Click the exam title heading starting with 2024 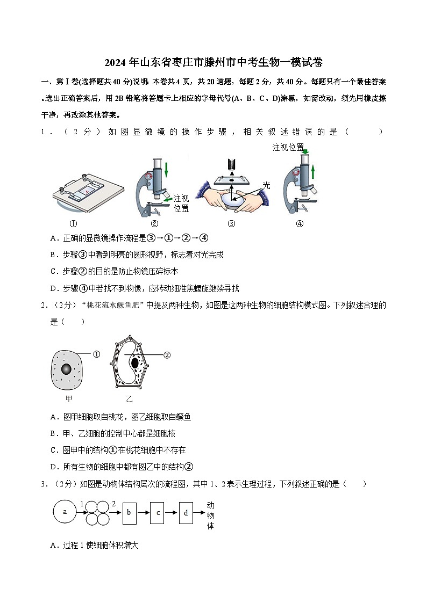tap(213, 62)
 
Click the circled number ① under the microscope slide tap(74, 224)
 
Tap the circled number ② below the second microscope tap(154, 224)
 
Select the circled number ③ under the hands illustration tap(231, 224)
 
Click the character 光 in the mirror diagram tap(266, 185)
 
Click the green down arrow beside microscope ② tap(167, 169)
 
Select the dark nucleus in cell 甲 tap(66, 369)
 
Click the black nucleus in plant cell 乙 tap(135, 363)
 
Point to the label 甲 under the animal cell tap(68, 399)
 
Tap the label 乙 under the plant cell tap(129, 399)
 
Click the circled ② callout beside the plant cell tap(167, 354)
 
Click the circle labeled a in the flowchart tap(65, 512)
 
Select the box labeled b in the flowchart tap(129, 513)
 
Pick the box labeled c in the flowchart tap(157, 513)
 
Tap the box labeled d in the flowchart tap(185, 513)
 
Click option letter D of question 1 tap(53, 288)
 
